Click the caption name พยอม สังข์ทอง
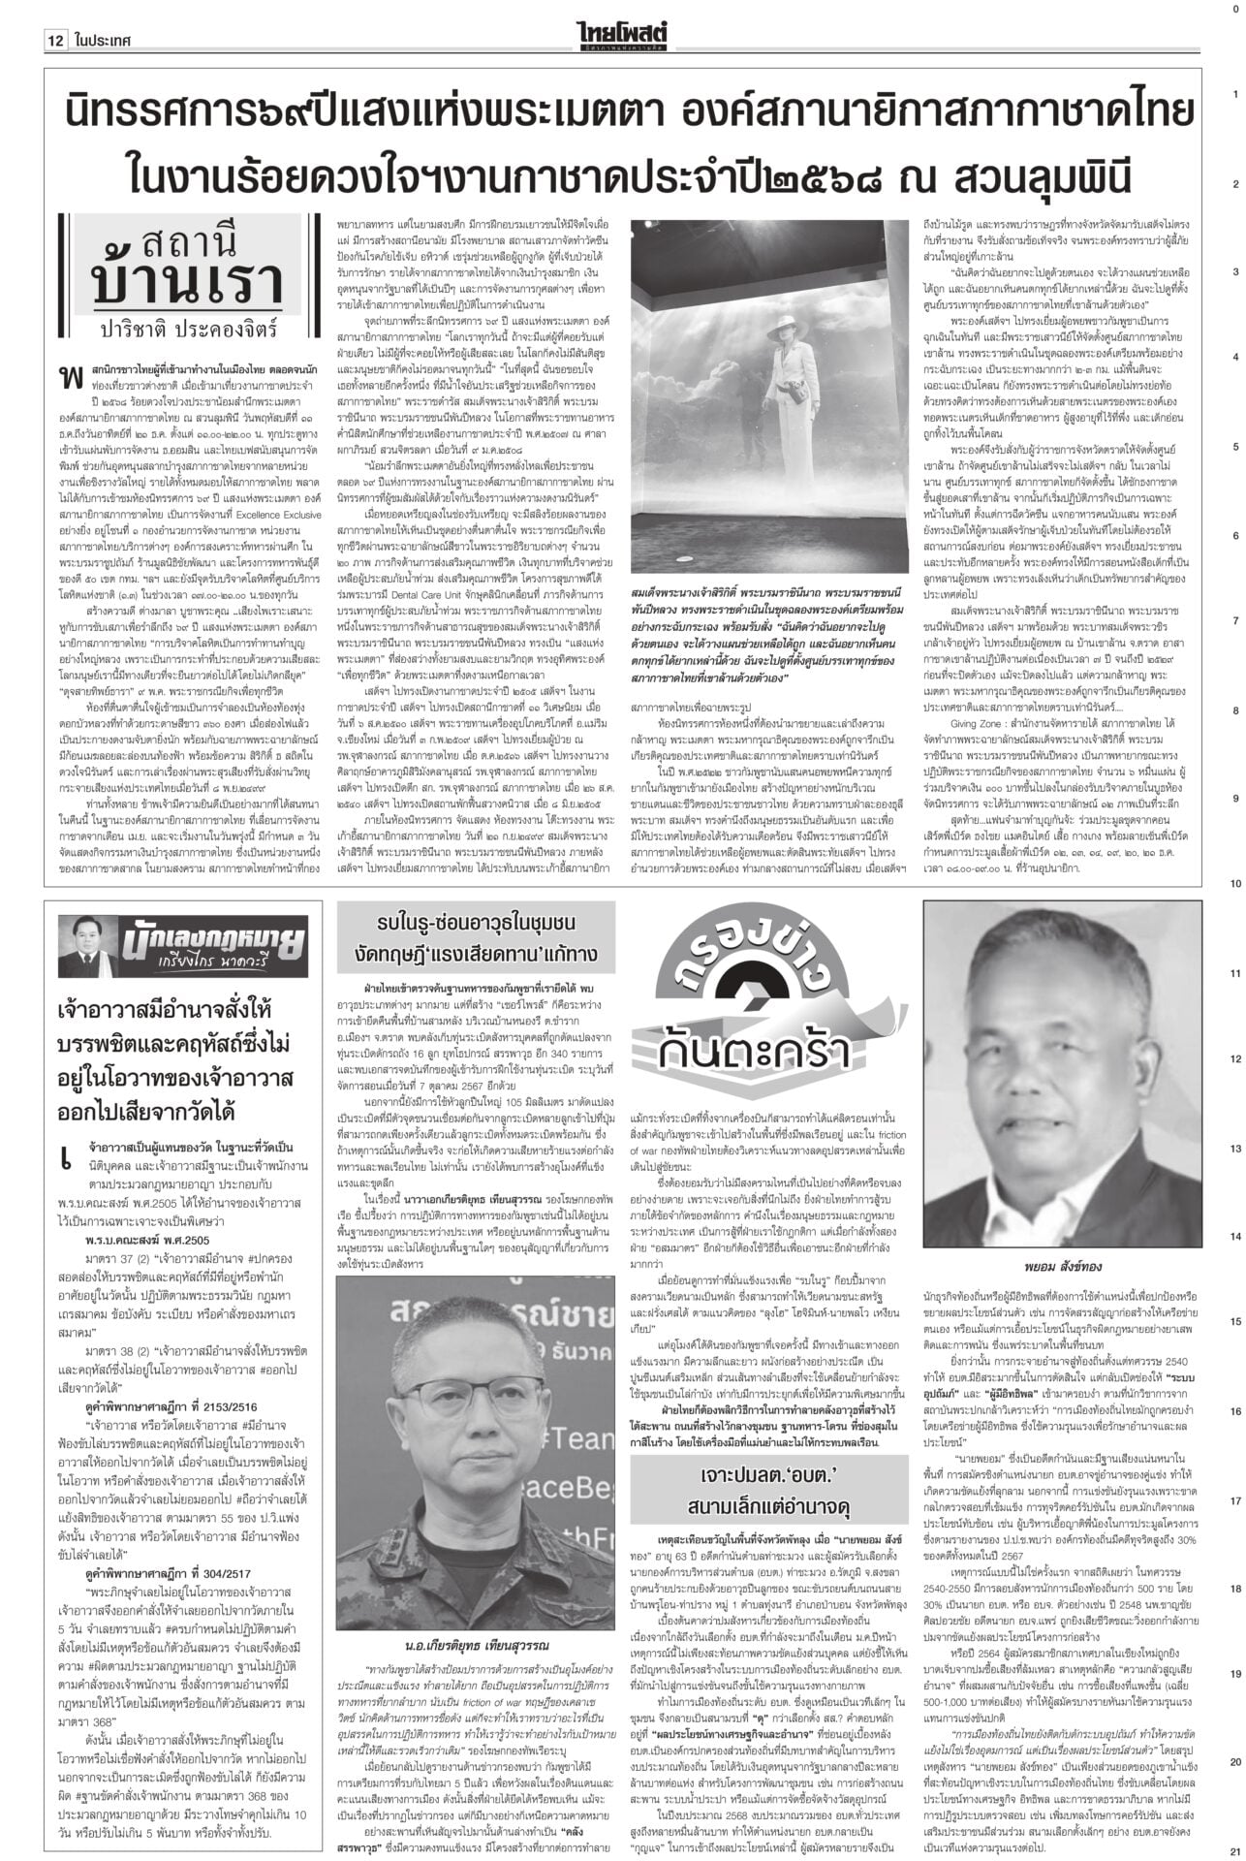pyautogui.click(x=1060, y=1266)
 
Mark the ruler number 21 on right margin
pyautogui.click(x=1236, y=1848)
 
